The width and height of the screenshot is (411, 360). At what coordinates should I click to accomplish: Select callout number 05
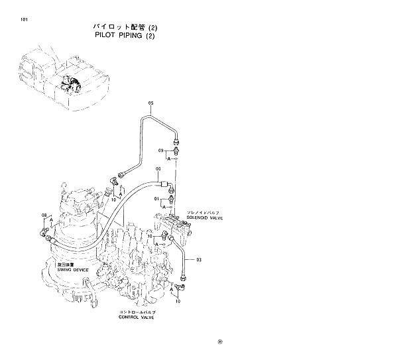(x=150, y=104)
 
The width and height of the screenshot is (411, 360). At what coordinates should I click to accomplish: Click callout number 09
(x=161, y=152)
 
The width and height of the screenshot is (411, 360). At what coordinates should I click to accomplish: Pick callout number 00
(x=158, y=170)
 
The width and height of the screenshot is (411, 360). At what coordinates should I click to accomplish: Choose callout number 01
(x=157, y=198)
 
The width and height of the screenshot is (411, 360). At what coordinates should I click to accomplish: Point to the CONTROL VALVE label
(x=137, y=318)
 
